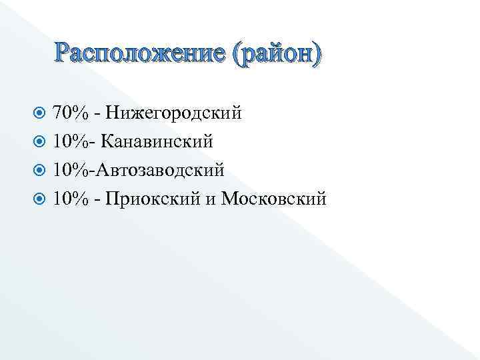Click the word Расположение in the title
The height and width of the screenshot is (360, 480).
pyautogui.click(x=141, y=53)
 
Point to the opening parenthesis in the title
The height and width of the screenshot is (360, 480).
pyautogui.click(x=237, y=54)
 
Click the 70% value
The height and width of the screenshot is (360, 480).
pyautogui.click(x=71, y=113)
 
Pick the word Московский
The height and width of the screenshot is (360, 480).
pyautogui.click(x=273, y=199)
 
